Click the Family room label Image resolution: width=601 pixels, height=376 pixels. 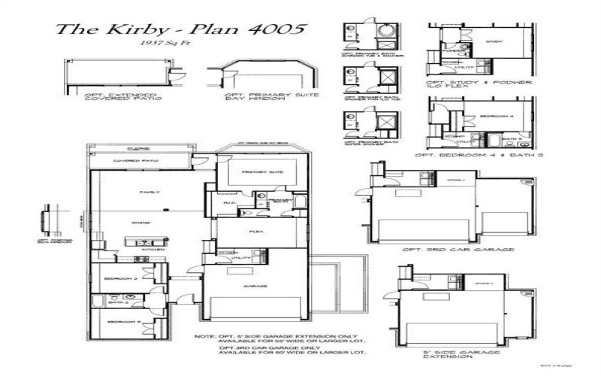[150, 193]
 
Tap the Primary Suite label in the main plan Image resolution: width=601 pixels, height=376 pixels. [263, 172]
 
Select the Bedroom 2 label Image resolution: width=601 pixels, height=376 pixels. [125, 278]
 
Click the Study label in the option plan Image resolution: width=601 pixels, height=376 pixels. [494, 41]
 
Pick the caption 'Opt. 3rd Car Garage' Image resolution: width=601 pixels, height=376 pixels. [458, 249]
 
